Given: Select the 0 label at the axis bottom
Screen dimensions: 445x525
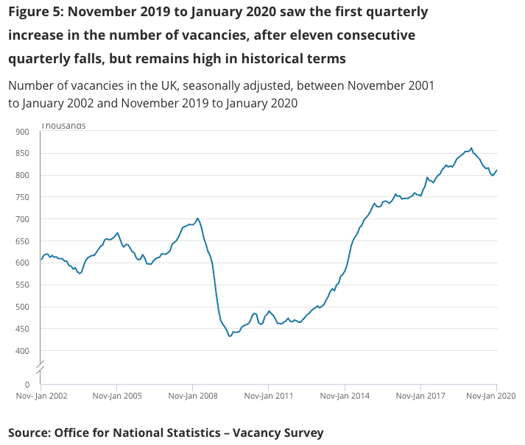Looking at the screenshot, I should point(27,385).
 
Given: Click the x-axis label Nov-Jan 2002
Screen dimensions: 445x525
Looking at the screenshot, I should point(43,396).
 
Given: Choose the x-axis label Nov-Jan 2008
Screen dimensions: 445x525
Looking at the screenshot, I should point(192,396).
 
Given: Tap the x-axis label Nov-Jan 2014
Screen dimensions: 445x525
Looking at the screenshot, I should point(345,396).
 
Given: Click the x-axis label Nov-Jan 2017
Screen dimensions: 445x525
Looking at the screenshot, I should point(420,396).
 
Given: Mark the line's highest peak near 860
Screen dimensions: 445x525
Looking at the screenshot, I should point(471,148).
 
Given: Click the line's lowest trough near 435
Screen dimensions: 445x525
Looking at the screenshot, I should point(230,335).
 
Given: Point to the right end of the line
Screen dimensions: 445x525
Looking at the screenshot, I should point(497,171).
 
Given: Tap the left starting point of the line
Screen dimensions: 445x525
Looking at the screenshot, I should point(40,260).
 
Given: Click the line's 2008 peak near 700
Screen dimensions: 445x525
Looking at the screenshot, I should point(197,218).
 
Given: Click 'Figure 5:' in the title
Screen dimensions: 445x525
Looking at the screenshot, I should point(35,13).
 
